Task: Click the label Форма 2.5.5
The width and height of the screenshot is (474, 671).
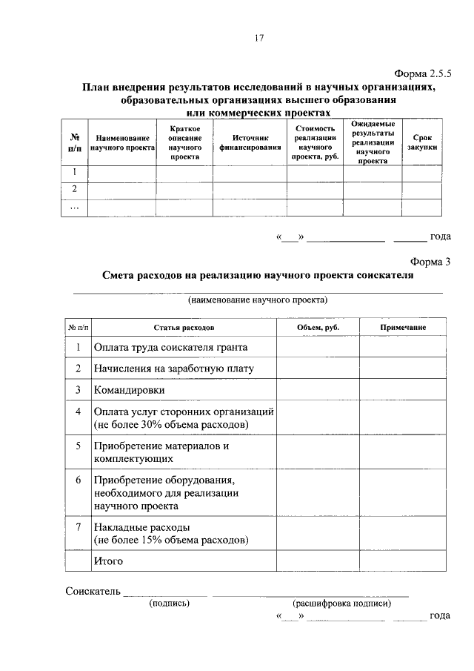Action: pos(422,73)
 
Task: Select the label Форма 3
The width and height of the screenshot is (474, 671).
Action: pos(430,260)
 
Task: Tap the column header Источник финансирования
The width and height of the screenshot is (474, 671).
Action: pos(250,142)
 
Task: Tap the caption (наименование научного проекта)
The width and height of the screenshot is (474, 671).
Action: pos(258,300)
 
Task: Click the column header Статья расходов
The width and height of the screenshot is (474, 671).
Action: pos(184,327)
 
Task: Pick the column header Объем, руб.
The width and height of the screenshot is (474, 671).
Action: pos(318,327)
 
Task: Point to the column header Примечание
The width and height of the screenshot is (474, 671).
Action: pos(403,327)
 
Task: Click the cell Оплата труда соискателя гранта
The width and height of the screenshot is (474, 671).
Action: pos(170,347)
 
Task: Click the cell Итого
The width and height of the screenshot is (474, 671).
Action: pos(108,561)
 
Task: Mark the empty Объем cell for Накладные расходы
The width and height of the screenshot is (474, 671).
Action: pos(318,533)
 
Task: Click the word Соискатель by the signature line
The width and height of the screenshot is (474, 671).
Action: pos(91,591)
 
